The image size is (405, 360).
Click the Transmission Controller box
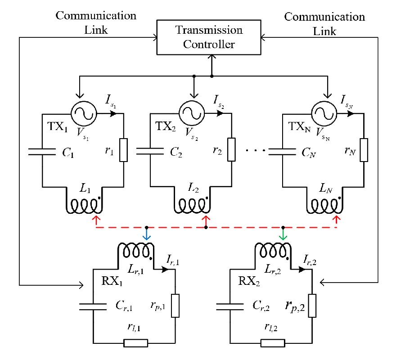point(209,37)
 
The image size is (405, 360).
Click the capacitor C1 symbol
point(42,152)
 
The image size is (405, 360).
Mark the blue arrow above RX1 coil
point(147,235)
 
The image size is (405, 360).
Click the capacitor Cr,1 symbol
point(93,307)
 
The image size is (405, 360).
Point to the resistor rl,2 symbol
point(272,343)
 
